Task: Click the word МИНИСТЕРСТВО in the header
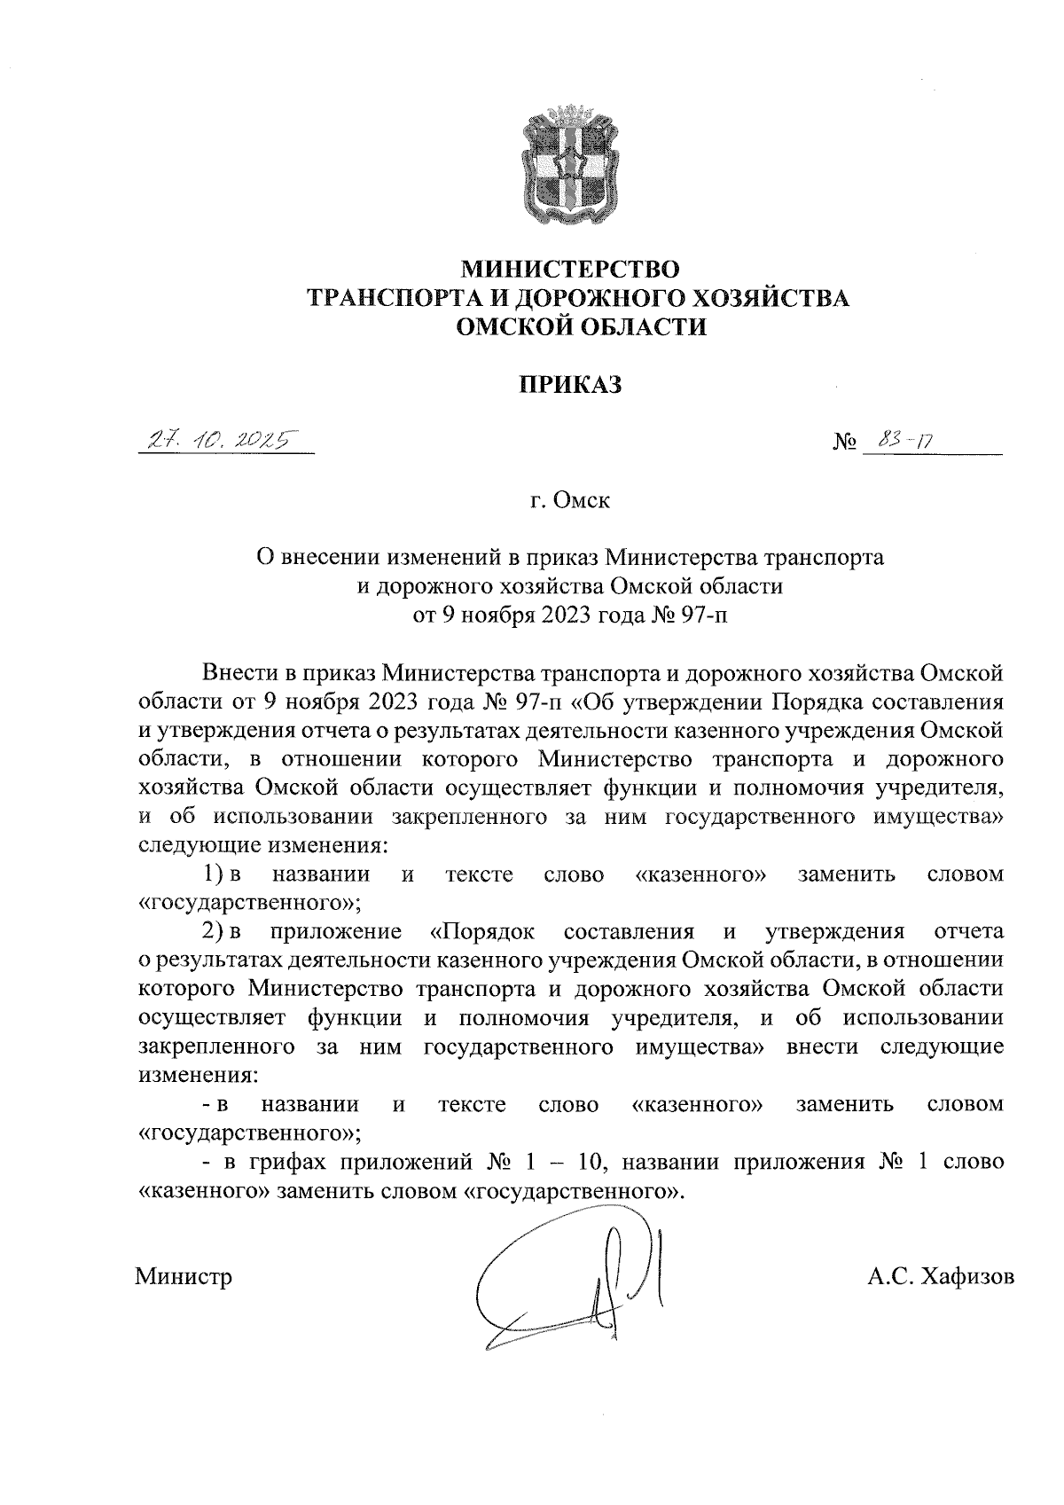[571, 267]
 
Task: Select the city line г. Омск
[570, 501]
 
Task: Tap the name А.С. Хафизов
[940, 1276]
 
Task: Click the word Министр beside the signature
[184, 1276]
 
